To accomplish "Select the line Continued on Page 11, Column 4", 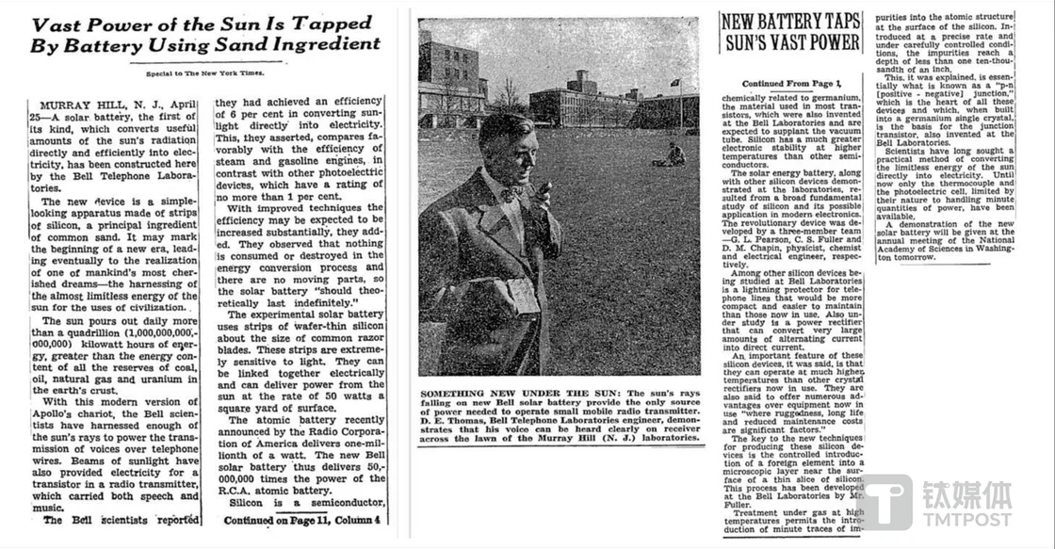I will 301,519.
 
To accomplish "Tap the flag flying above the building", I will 674,82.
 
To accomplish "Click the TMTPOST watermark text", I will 965,519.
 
